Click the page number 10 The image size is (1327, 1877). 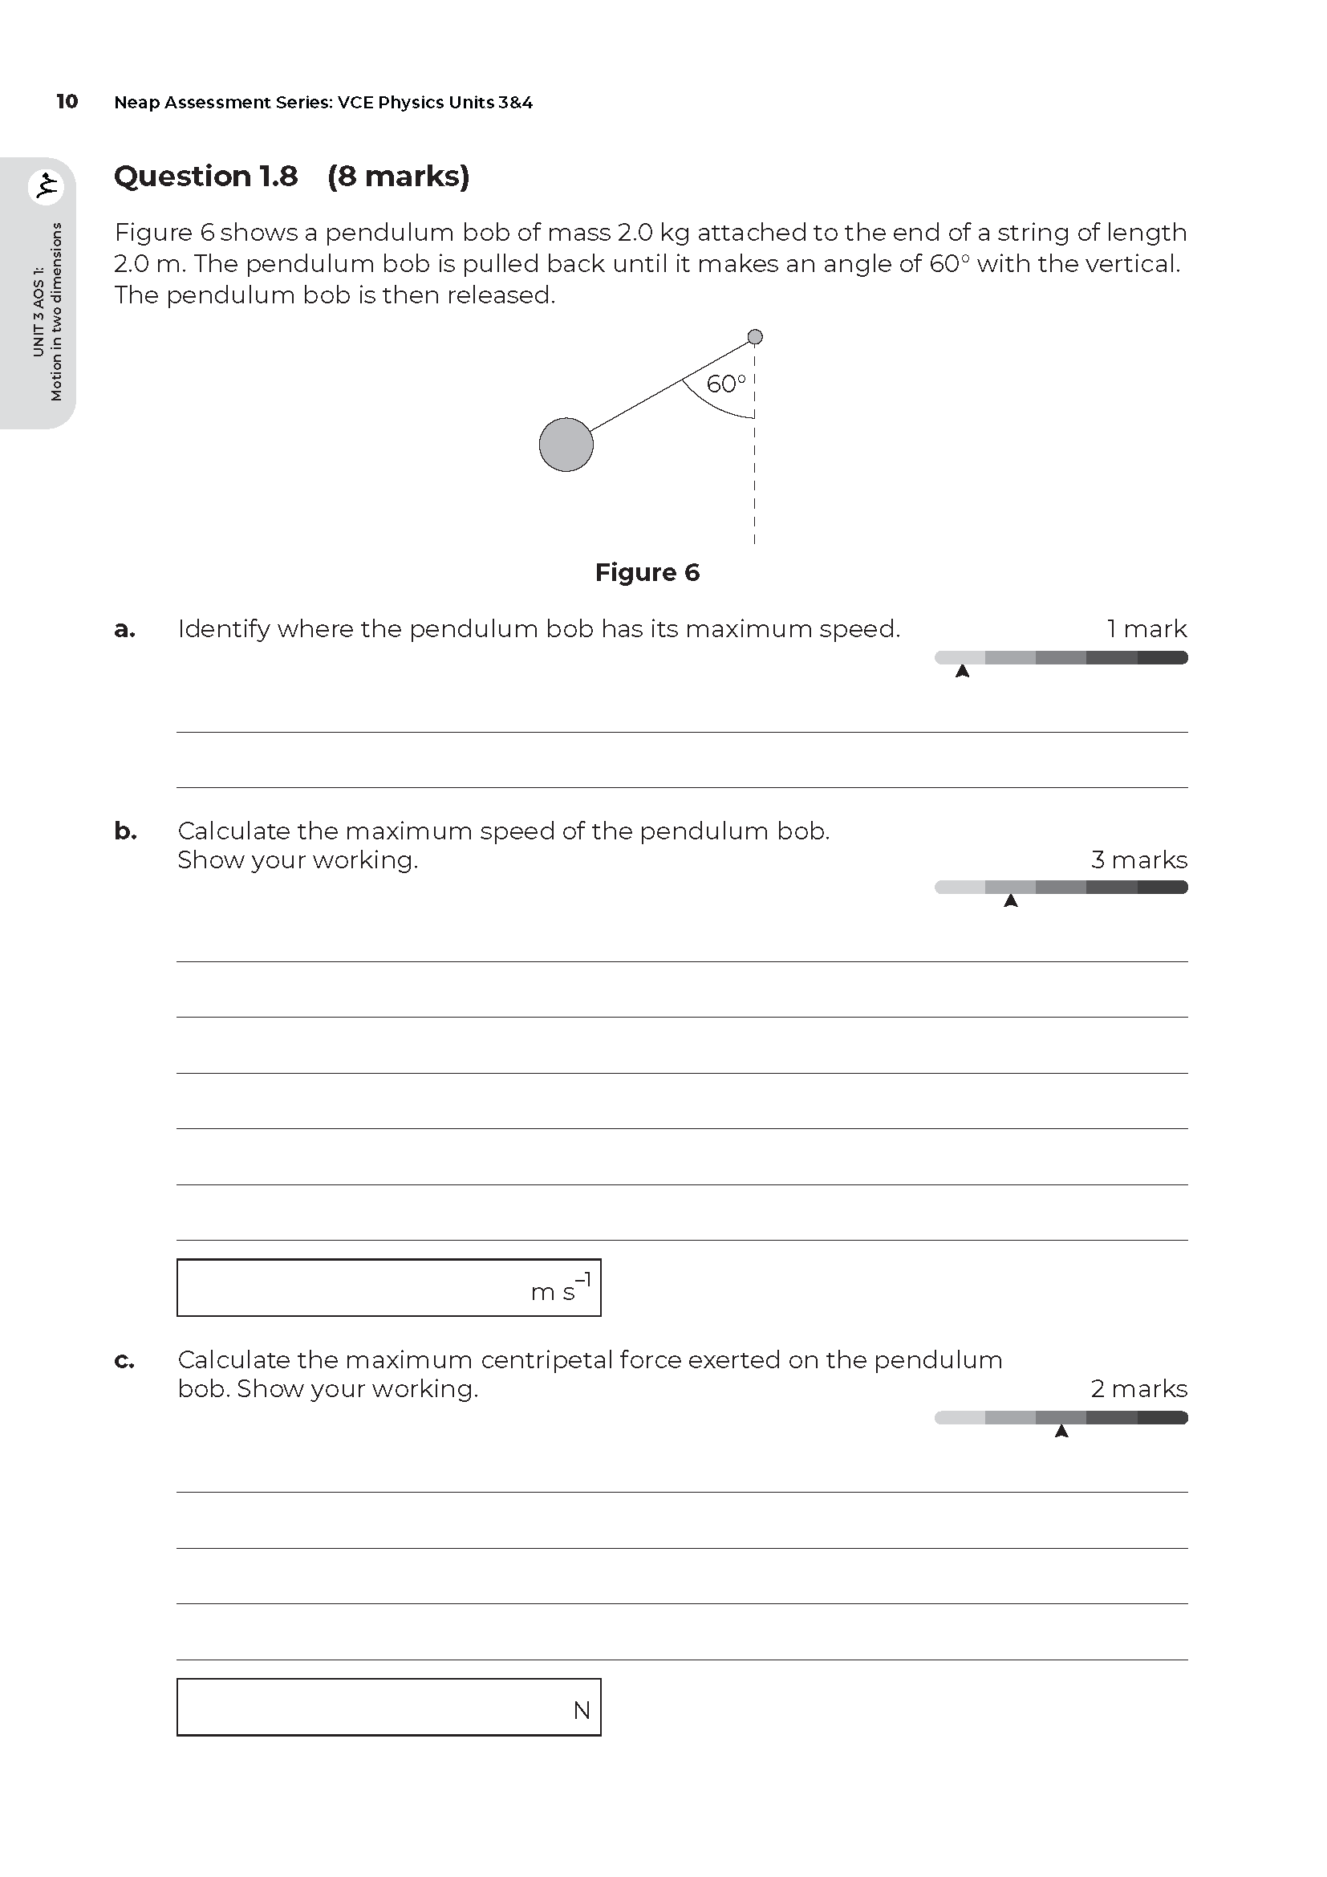click(x=67, y=101)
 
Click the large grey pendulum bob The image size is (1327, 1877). click(x=566, y=445)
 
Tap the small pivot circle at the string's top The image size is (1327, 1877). click(x=755, y=337)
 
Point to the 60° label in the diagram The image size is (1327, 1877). click(x=725, y=384)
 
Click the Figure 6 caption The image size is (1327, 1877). click(x=647, y=572)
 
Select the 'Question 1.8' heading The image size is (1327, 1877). click(x=206, y=176)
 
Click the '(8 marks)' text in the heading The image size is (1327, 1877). click(x=398, y=176)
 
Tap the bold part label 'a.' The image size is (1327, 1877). click(x=124, y=629)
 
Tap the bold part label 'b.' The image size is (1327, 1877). click(x=125, y=831)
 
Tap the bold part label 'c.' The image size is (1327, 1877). click(x=124, y=1360)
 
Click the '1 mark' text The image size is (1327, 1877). click(x=1146, y=628)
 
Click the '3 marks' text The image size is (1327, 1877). click(x=1139, y=860)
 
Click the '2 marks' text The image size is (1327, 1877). click(x=1139, y=1389)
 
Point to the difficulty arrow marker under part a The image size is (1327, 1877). click(x=963, y=672)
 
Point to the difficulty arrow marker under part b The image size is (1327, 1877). click(x=1011, y=901)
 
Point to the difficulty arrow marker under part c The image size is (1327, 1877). click(x=1061, y=1432)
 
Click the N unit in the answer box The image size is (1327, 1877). click(x=582, y=1710)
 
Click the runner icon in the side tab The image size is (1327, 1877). click(x=46, y=186)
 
